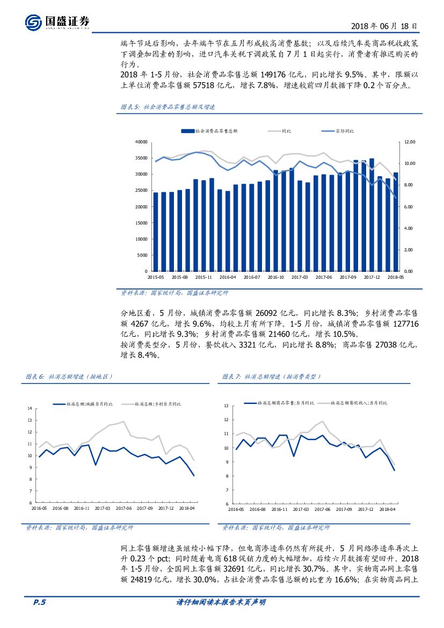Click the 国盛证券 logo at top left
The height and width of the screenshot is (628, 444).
click(x=57, y=21)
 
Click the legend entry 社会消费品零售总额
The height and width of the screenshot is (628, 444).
click(x=210, y=131)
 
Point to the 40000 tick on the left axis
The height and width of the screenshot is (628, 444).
click(x=141, y=142)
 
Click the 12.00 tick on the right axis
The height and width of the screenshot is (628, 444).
click(x=410, y=142)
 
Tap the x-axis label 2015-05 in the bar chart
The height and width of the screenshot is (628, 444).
click(x=156, y=277)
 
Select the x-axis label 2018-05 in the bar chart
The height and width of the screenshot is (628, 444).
click(x=396, y=277)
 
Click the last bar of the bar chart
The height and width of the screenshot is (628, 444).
click(x=396, y=221)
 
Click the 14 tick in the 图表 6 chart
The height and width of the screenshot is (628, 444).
click(x=30, y=409)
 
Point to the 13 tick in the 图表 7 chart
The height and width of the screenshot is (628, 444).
click(x=226, y=406)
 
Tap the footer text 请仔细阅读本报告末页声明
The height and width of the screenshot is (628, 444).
click(x=221, y=603)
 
